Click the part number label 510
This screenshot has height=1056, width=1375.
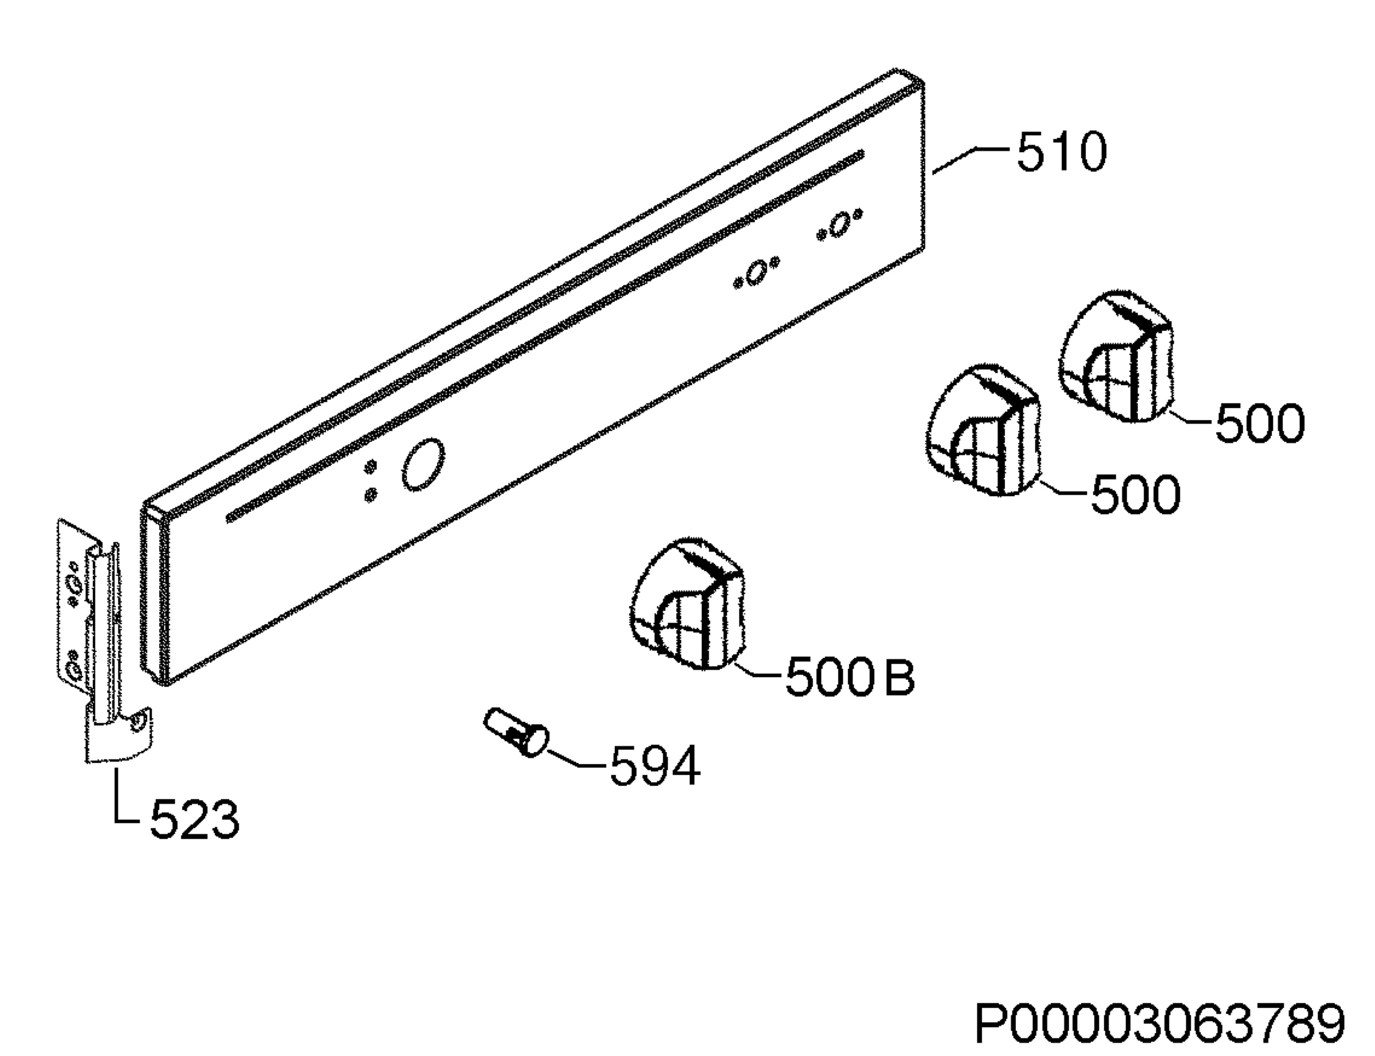(x=1062, y=152)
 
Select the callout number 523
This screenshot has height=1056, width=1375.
(x=195, y=819)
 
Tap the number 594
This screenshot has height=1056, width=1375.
(x=655, y=766)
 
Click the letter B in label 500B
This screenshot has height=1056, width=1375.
(x=899, y=678)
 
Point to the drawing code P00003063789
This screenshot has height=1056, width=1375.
(x=1159, y=1023)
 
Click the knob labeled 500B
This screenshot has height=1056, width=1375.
(x=688, y=604)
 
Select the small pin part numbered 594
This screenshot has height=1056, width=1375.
(x=516, y=731)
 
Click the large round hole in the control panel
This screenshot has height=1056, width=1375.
(x=423, y=465)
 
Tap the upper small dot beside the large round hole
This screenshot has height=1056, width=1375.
(x=371, y=466)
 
